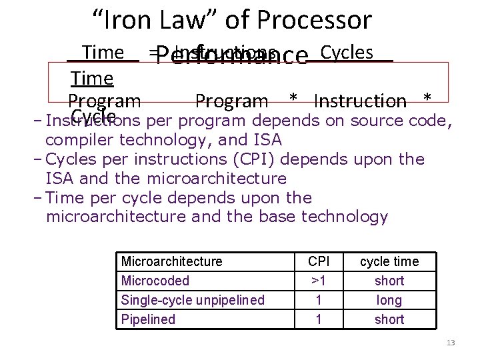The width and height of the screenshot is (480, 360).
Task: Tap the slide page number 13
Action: click(451, 343)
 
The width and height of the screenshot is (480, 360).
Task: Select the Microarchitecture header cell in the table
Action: click(171, 261)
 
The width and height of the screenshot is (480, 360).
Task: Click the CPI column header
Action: click(318, 261)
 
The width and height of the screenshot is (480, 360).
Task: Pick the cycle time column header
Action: click(389, 261)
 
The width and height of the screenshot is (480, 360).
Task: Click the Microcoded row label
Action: click(155, 281)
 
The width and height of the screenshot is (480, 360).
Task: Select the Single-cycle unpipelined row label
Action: click(192, 300)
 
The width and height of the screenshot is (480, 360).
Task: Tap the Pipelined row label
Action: click(148, 319)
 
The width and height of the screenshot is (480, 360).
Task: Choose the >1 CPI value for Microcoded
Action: click(318, 281)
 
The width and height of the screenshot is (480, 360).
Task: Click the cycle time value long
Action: click(389, 300)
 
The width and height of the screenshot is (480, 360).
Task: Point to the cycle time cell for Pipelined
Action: click(389, 319)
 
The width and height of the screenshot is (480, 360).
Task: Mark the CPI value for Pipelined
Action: click(318, 319)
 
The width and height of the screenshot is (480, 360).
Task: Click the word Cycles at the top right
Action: click(346, 52)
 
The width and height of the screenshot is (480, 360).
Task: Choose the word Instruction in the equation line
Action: click(359, 101)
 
